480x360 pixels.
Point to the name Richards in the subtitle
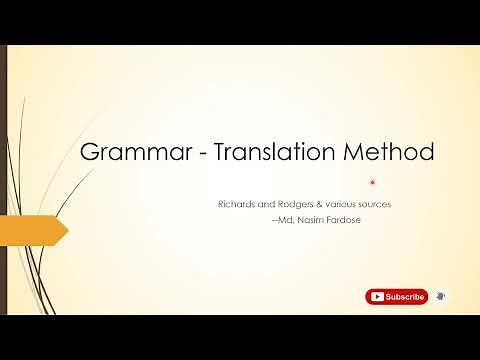point(237,204)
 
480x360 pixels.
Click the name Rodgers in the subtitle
point(295,204)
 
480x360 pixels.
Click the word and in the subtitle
point(265,204)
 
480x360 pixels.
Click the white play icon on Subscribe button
point(376,297)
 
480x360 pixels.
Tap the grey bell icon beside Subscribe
point(441,297)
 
